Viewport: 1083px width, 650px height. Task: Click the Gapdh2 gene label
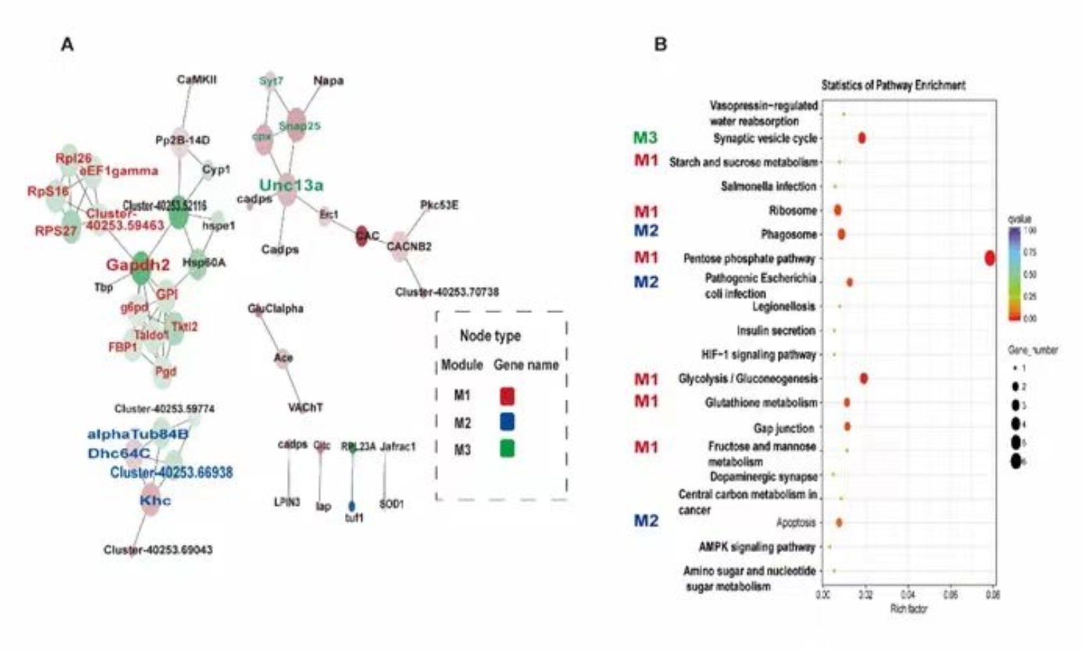[x=138, y=265]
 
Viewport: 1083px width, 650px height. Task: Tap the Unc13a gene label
[x=291, y=185]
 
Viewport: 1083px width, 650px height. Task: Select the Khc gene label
[x=155, y=500]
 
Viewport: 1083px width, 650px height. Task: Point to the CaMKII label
[x=196, y=80]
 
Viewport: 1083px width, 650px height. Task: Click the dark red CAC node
[x=362, y=236]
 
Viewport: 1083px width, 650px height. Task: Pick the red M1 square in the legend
[x=507, y=396]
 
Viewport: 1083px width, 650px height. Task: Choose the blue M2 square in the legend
[x=507, y=422]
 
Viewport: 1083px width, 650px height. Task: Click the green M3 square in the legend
[x=507, y=449]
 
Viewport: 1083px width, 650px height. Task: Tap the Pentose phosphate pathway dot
[x=990, y=258]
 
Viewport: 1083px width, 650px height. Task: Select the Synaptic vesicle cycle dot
[x=861, y=138]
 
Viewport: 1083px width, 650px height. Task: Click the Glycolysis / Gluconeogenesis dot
[x=864, y=378]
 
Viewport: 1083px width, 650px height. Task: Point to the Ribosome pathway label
[x=792, y=211]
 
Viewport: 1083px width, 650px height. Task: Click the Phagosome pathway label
[x=788, y=234]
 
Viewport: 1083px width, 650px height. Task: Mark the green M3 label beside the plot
[x=645, y=138]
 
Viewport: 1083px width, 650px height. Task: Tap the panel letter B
[x=660, y=44]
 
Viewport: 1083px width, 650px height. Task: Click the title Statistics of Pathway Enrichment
[x=893, y=85]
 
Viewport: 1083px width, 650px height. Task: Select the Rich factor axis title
[x=908, y=608]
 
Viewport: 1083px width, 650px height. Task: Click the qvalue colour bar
[x=1014, y=274]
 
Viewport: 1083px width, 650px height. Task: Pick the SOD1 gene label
[x=391, y=504]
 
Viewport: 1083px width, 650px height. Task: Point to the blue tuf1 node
[x=352, y=506]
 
